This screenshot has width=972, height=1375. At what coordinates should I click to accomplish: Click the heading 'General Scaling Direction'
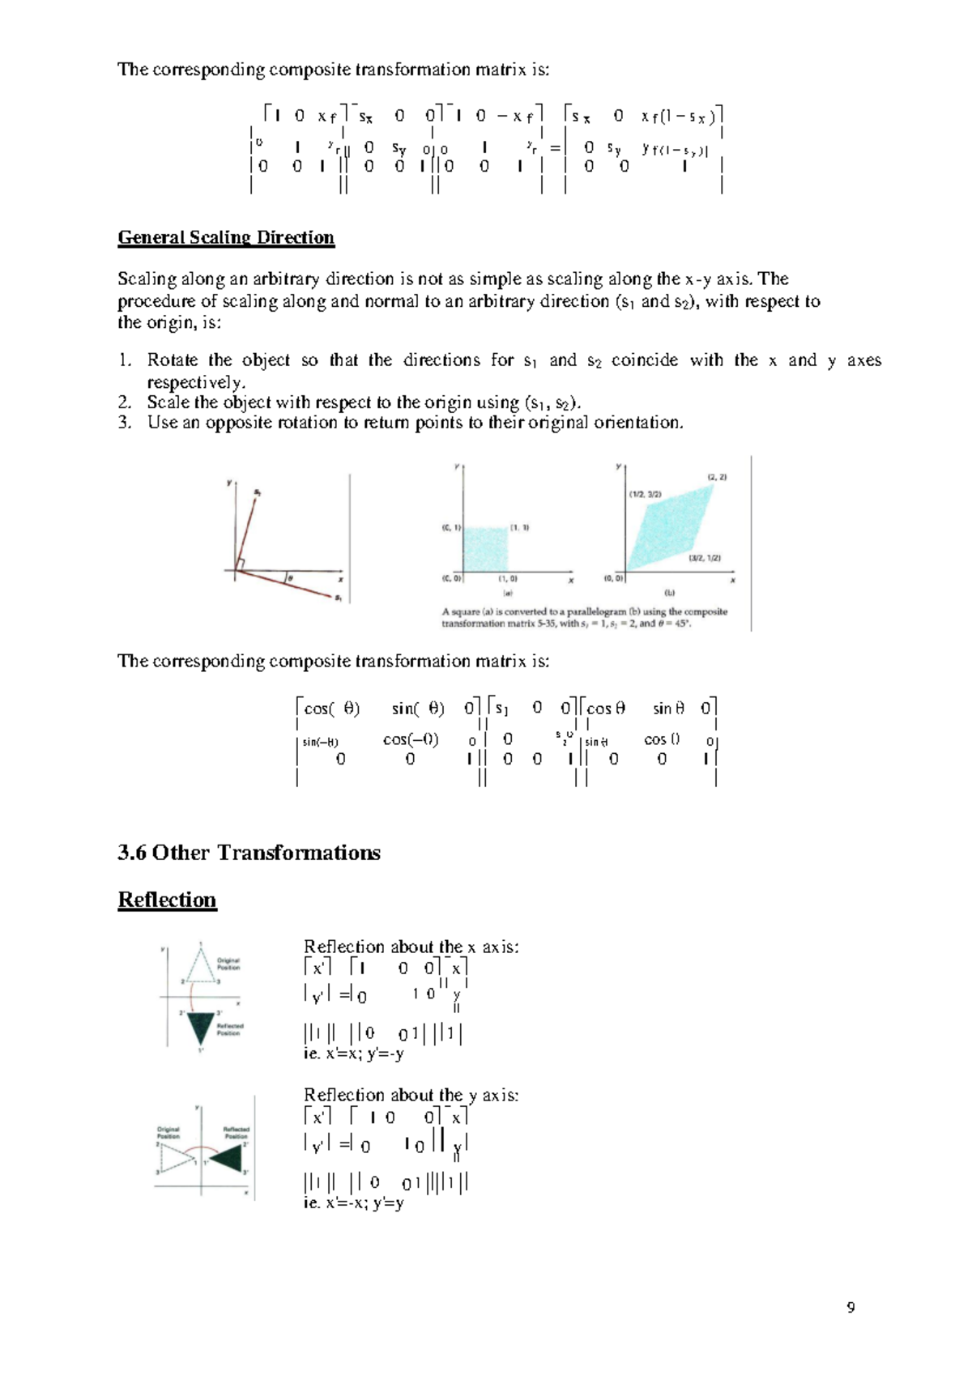point(226,237)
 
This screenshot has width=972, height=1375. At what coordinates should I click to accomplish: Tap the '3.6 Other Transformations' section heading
point(249,853)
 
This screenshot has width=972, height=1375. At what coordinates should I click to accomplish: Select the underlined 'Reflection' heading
point(167,900)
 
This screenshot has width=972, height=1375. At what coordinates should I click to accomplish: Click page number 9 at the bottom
point(850,1307)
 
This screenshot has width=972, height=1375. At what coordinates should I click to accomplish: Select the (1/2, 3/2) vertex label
point(645,493)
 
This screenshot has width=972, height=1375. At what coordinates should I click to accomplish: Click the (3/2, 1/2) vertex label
point(704,558)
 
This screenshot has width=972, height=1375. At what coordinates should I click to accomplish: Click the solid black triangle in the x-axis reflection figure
point(200,1027)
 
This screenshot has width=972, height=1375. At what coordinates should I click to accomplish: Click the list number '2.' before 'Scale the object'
point(124,402)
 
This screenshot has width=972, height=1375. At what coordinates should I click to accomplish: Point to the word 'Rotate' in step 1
point(172,360)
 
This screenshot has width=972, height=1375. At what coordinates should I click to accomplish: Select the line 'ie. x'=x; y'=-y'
point(353,1054)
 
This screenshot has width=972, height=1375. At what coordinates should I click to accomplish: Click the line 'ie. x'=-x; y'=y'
point(353,1203)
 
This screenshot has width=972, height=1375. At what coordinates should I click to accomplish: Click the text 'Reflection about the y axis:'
point(411,1096)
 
